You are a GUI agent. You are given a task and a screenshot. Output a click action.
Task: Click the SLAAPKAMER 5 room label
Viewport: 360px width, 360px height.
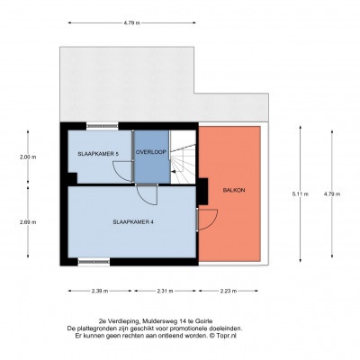(x=98, y=154)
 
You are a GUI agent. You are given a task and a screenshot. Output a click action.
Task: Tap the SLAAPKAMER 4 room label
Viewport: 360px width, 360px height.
(x=133, y=222)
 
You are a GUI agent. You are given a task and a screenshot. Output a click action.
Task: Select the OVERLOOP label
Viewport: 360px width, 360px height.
(x=151, y=152)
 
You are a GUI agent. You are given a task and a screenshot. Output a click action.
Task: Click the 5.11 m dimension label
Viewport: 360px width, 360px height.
(x=301, y=193)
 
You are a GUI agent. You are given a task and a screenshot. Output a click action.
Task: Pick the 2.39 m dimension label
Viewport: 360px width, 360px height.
(x=100, y=291)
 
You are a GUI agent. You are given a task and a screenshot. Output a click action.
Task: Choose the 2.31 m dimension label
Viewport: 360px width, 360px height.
(x=165, y=291)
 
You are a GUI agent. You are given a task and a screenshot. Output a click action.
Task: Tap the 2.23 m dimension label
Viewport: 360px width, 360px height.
(x=229, y=291)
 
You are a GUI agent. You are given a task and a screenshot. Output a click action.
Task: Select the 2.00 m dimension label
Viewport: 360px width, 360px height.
(x=28, y=157)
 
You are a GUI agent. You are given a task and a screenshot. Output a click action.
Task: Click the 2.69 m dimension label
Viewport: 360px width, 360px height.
(x=28, y=222)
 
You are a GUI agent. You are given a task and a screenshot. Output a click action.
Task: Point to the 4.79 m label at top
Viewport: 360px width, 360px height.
(x=132, y=22)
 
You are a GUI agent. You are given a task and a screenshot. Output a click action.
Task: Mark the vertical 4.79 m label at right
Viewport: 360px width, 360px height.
(x=332, y=193)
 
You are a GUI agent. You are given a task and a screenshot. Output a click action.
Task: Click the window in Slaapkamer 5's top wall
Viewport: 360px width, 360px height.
(x=103, y=126)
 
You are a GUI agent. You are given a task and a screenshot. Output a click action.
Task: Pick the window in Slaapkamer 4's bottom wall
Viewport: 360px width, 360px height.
(x=94, y=262)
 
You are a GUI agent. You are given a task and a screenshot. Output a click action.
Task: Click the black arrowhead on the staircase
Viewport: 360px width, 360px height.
(x=173, y=171)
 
